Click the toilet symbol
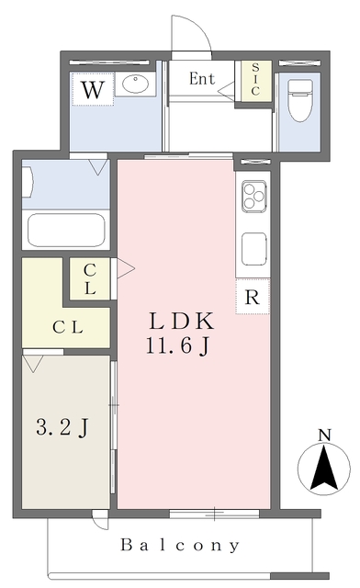[300, 100]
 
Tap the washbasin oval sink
[135, 84]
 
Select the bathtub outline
[65, 230]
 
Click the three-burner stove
[254, 196]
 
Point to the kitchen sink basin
[254, 249]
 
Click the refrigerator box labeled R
[253, 296]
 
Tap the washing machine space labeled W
[93, 89]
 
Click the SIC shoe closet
[255, 81]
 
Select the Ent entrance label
[202, 79]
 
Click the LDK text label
[182, 322]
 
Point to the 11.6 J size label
[177, 345]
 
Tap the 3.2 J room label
[62, 427]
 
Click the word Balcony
[180, 545]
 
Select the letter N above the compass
[324, 435]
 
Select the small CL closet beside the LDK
[90, 278]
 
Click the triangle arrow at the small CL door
[125, 267]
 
